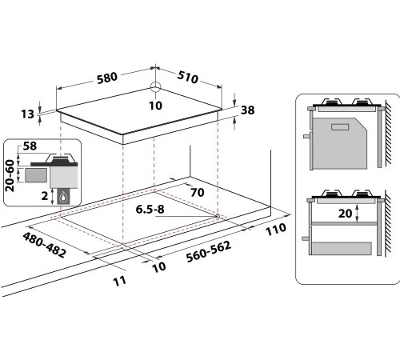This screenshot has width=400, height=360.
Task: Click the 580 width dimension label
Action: pyautogui.click(x=107, y=78)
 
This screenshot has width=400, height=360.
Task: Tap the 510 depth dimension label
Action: pyautogui.click(x=188, y=77)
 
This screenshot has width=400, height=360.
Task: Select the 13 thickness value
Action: pyautogui.click(x=28, y=114)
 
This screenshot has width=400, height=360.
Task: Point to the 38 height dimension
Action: pyautogui.click(x=248, y=110)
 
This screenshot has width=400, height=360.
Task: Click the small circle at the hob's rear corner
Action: pyautogui.click(x=155, y=87)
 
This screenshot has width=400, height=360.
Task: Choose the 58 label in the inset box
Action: pyautogui.click(x=30, y=146)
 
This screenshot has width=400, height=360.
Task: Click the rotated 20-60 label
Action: pyautogui.click(x=10, y=175)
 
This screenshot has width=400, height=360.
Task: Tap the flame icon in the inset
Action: pyautogui.click(x=63, y=198)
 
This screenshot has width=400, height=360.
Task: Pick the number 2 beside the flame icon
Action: pyautogui.click(x=45, y=196)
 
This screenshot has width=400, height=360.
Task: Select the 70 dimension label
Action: pyautogui.click(x=198, y=192)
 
